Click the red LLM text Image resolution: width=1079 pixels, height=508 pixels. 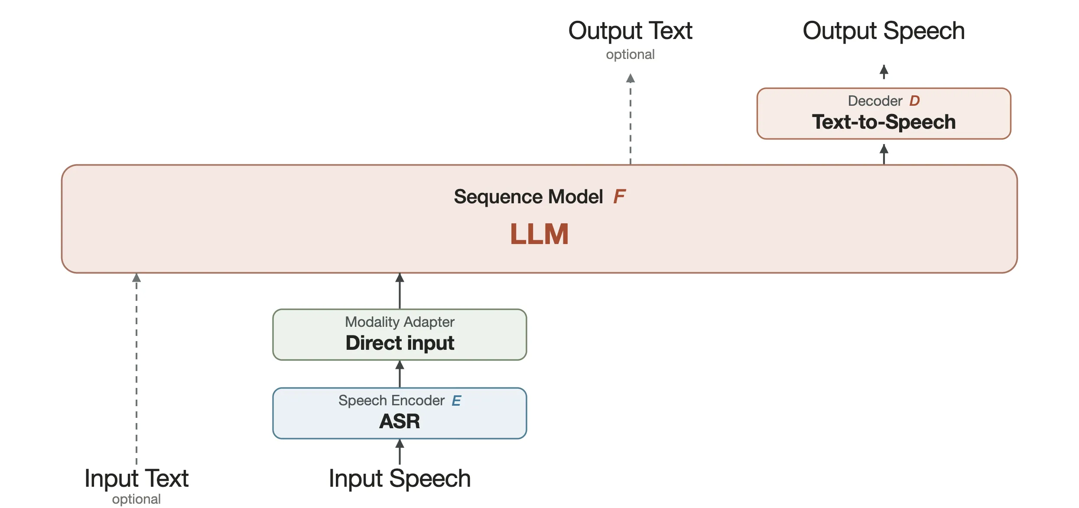pyautogui.click(x=539, y=234)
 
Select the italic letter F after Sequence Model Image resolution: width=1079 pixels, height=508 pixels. pyautogui.click(x=619, y=197)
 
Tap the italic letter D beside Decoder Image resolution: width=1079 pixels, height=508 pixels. pyautogui.click(x=914, y=101)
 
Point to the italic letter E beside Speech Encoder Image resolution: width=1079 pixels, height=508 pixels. pyautogui.click(x=456, y=401)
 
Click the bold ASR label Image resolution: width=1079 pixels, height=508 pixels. pyautogui.click(x=400, y=421)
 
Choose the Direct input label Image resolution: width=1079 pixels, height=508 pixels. pyautogui.click(x=400, y=343)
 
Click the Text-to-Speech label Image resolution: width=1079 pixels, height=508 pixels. pyautogui.click(x=884, y=122)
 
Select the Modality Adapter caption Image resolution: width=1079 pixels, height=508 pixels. pyautogui.click(x=400, y=322)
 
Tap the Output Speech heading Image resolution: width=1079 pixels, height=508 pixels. pyautogui.click(x=884, y=31)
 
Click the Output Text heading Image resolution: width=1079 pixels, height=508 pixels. pyautogui.click(x=630, y=31)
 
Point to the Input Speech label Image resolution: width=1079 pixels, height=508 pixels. pyautogui.click(x=400, y=479)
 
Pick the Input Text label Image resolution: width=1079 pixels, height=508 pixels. pyautogui.click(x=136, y=479)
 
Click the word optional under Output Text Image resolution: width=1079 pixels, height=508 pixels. pyautogui.click(x=630, y=55)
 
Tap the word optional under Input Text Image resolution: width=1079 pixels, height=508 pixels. pyautogui.click(x=136, y=499)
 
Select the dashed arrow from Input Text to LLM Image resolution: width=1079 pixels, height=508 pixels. pyautogui.click(x=136, y=369)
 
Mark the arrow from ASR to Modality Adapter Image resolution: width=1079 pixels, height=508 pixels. pyautogui.click(x=400, y=374)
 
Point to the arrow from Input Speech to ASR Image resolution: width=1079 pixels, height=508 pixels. pyautogui.click(x=400, y=452)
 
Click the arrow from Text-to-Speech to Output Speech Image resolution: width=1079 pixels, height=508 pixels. pyautogui.click(x=884, y=72)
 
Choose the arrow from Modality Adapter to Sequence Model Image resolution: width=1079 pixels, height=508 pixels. pyautogui.click(x=400, y=291)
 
